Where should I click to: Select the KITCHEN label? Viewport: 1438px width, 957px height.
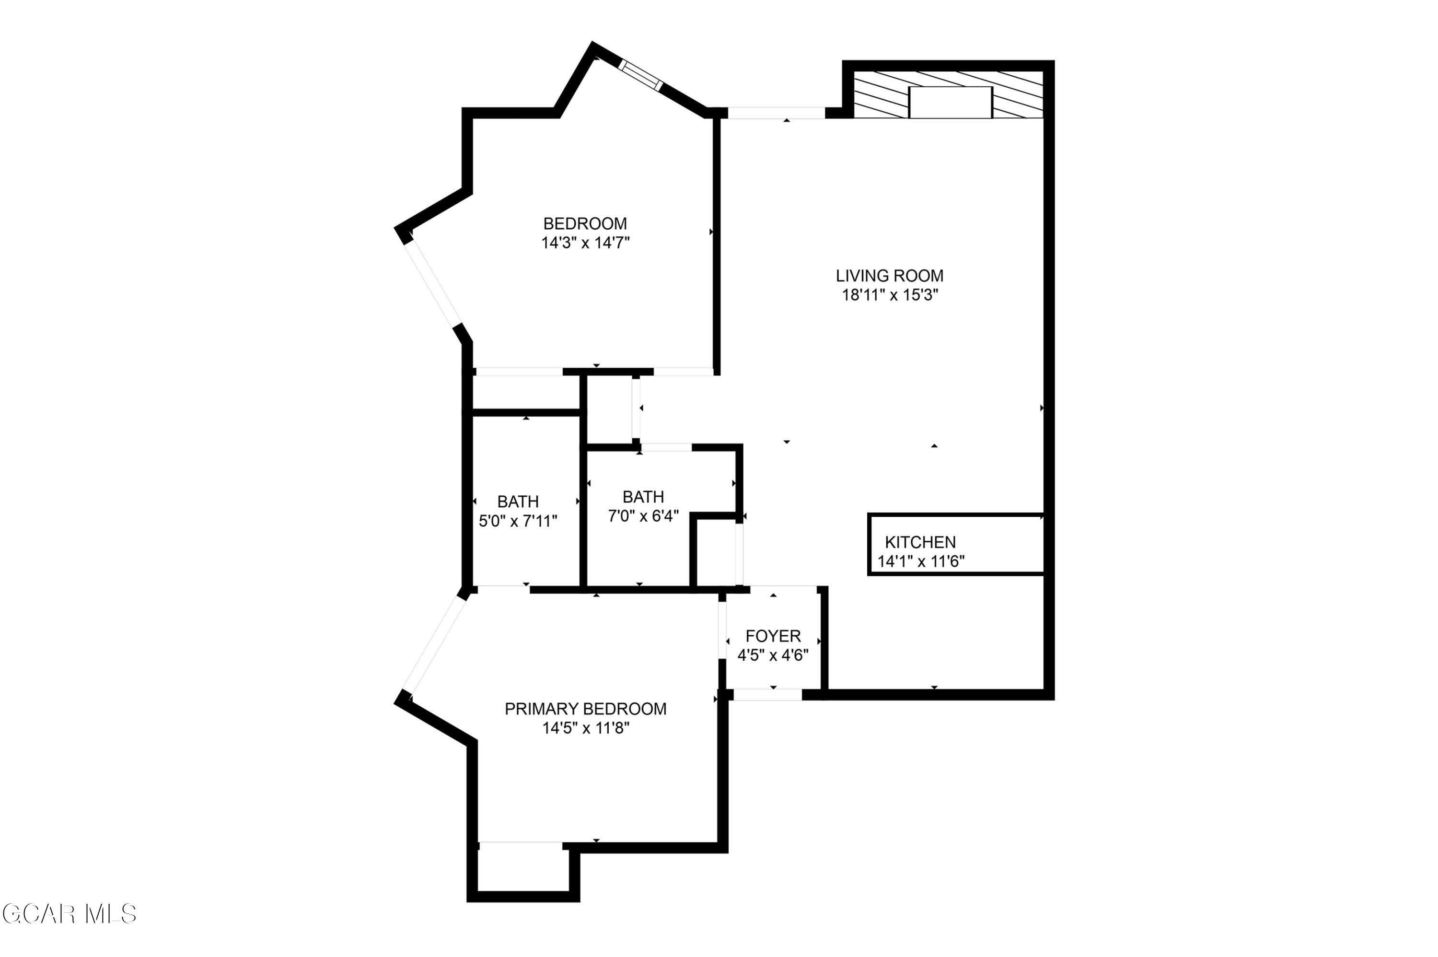[x=920, y=542]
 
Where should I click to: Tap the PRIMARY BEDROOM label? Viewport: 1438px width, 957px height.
[x=585, y=709]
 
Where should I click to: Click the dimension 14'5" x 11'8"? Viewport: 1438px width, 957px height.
[x=585, y=728]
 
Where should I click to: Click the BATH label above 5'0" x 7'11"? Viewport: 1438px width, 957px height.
[x=517, y=502]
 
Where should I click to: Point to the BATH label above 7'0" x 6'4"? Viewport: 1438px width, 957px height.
[x=643, y=497]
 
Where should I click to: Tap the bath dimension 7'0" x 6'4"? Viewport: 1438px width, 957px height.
[x=643, y=516]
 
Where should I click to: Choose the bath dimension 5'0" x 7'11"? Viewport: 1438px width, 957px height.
[x=517, y=521]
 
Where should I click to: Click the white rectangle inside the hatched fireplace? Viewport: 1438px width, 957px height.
[x=950, y=102]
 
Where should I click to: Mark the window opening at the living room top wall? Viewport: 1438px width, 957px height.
[x=776, y=113]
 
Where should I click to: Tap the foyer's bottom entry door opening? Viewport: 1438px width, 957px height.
[x=767, y=695]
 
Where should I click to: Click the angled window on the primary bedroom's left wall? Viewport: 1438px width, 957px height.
[x=437, y=646]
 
